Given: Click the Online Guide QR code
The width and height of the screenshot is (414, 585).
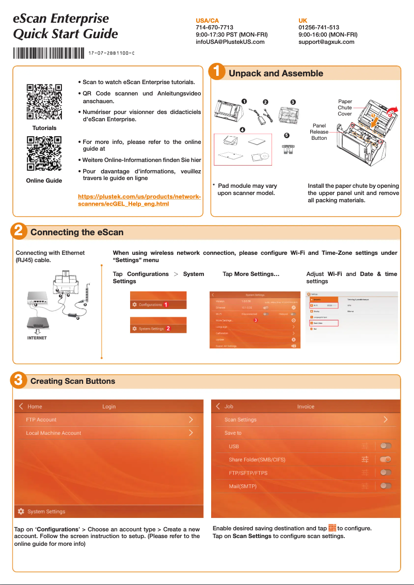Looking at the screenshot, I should click(44, 154).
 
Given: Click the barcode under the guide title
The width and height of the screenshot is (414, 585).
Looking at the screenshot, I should click(49, 53).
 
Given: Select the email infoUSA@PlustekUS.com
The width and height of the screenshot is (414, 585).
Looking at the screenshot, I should click(230, 42).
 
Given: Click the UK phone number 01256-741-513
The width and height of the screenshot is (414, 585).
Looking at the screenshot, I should click(319, 27).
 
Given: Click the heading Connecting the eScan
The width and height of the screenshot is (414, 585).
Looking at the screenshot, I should click(77, 232).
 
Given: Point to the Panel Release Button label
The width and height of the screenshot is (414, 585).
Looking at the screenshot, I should click(319, 132).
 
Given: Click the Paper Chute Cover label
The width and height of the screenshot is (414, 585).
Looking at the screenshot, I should click(345, 108).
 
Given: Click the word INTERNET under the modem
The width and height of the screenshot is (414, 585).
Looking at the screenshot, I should click(37, 338).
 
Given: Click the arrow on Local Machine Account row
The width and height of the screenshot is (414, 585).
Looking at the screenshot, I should click(190, 433).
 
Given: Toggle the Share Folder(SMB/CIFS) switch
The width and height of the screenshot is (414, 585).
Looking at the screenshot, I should click(385, 459).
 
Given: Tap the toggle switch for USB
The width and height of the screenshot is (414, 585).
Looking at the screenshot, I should click(385, 446).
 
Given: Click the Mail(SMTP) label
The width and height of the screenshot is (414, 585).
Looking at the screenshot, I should click(243, 486).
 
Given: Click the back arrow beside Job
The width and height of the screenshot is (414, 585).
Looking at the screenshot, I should click(218, 407).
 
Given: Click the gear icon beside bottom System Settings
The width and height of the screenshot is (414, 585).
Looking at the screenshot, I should click(21, 511).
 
